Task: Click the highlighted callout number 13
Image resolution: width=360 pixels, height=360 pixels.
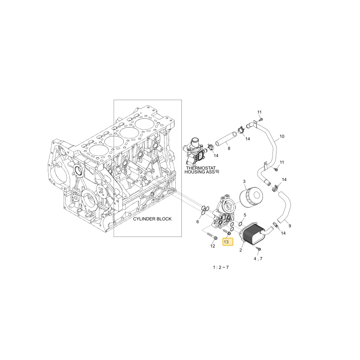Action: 228,242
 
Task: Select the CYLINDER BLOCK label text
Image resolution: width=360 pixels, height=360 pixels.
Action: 152,219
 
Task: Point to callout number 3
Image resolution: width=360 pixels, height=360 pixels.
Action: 244,181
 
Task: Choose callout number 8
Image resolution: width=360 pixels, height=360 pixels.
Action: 229,148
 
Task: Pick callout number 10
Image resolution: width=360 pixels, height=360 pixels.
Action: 282,136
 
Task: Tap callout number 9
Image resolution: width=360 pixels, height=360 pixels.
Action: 290,226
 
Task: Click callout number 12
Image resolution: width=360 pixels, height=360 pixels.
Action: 213,246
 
